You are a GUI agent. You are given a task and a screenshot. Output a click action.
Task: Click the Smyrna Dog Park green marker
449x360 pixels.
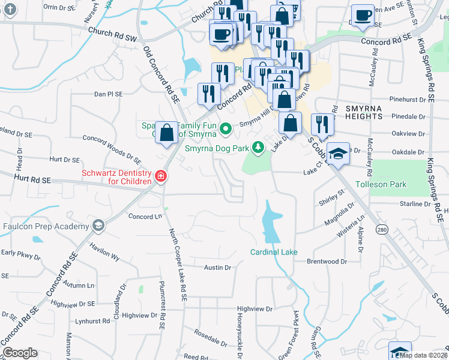[x=258, y=147]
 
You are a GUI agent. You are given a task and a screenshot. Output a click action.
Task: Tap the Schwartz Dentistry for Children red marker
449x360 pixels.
[x=160, y=176]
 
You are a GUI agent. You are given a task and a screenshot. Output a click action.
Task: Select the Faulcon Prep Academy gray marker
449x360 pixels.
[x=99, y=225]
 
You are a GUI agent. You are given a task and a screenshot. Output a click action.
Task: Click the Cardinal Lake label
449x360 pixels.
[x=274, y=252]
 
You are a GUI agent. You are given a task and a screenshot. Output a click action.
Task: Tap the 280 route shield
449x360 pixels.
[x=382, y=229]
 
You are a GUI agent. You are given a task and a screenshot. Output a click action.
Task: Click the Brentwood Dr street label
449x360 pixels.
[x=327, y=262]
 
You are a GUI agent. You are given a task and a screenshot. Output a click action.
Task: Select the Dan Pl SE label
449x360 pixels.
[x=108, y=94]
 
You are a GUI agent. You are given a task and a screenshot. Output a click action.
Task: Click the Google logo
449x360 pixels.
[x=20, y=353]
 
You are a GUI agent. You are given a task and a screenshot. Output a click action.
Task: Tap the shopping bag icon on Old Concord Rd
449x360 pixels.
[x=166, y=132]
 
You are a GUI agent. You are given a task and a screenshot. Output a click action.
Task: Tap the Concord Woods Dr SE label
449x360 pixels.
[x=112, y=149]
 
